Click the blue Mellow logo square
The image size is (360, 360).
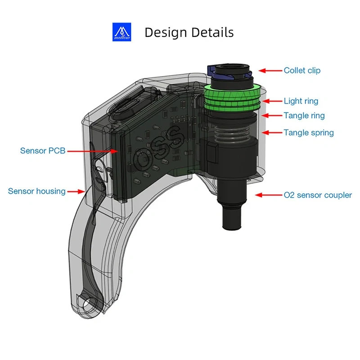[x=121, y=32]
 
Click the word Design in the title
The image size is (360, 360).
[x=165, y=32]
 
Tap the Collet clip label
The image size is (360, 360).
[x=302, y=71]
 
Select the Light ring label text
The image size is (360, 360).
[x=301, y=101]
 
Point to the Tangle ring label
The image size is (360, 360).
[x=304, y=116]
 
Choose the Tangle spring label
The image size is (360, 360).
[x=309, y=133]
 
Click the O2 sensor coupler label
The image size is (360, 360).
[x=318, y=195]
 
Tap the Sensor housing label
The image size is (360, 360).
[x=36, y=191]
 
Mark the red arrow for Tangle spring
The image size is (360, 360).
[x=271, y=133]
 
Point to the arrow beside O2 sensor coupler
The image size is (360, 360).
[x=268, y=195]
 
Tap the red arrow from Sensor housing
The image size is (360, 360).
[x=77, y=191]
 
